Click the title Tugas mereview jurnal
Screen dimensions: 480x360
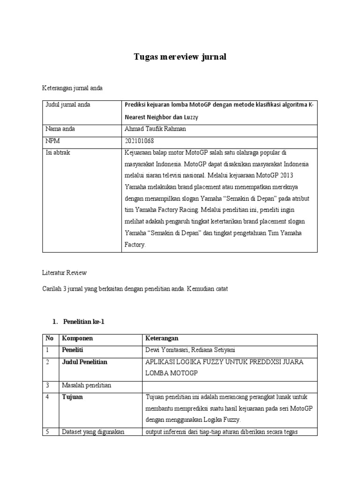pyautogui.click(x=180, y=57)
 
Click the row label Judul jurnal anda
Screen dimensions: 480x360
pyautogui.click(x=67, y=105)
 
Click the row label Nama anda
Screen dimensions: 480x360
pyautogui.click(x=60, y=129)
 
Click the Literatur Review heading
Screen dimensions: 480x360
pyautogui.click(x=65, y=272)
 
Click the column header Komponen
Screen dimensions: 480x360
pyautogui.click(x=77, y=338)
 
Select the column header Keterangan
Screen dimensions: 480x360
pyautogui.click(x=162, y=338)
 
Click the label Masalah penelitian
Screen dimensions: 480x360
pyautogui.click(x=86, y=385)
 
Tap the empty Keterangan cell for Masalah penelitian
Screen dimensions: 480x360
pyautogui.click(x=230, y=385)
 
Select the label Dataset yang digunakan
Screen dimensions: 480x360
pyautogui.click(x=93, y=432)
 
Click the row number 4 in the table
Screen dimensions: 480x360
pyautogui.click(x=48, y=397)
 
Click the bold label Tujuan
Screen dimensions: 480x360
pyautogui.click(x=72, y=397)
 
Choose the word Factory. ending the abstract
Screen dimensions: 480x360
pyautogui.click(x=135, y=245)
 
